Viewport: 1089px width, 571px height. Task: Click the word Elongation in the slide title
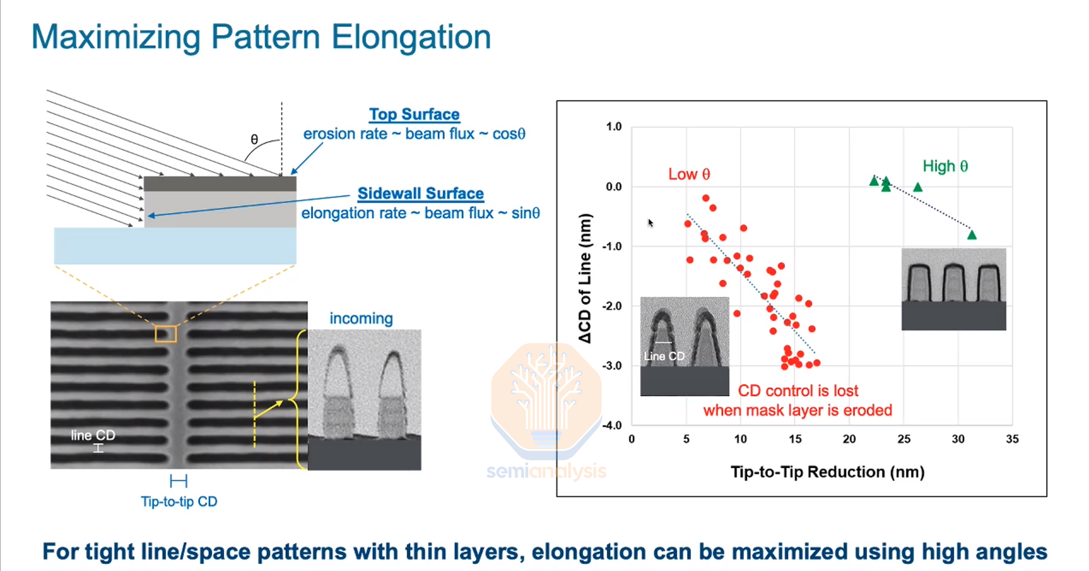coord(411,37)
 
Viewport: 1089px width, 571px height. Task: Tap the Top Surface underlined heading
coord(414,114)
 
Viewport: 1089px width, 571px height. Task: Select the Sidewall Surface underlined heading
coord(420,193)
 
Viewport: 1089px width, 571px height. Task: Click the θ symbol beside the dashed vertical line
coord(255,140)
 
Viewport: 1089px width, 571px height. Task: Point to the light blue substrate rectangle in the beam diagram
coord(175,245)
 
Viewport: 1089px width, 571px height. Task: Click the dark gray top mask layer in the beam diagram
coord(220,184)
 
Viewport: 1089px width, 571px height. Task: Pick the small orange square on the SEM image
coord(166,334)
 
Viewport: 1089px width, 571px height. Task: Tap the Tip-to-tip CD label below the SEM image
coord(179,502)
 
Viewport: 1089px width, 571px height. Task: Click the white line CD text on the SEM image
coord(93,435)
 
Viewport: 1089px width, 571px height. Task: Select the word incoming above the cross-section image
coord(361,319)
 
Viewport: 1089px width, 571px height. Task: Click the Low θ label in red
coord(689,174)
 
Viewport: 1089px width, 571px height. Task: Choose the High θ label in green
coord(945,166)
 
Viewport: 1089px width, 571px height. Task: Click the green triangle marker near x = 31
coord(971,235)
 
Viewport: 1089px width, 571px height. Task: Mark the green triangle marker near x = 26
coord(918,187)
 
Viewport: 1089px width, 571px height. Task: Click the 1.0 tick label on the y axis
coord(613,127)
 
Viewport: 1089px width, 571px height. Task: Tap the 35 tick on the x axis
coord(1012,439)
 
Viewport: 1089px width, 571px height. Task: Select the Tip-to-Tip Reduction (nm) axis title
coord(827,472)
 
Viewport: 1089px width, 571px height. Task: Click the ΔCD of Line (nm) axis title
coord(585,278)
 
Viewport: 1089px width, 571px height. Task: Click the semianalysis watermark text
coord(546,472)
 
